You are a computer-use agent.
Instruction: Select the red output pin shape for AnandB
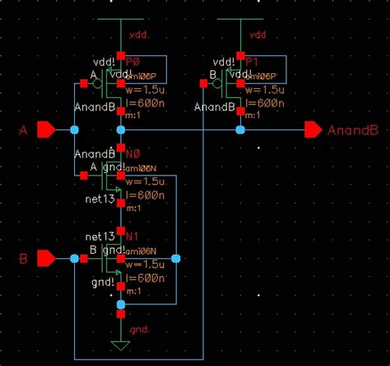tap(313, 130)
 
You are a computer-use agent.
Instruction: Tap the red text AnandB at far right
tap(352, 130)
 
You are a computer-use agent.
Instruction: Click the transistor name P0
tap(134, 60)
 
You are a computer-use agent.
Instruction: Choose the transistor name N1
tap(133, 236)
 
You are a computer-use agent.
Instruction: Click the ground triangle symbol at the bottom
tap(121, 345)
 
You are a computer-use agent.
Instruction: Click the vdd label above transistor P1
tap(258, 35)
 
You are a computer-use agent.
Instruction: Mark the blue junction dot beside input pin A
tap(75, 130)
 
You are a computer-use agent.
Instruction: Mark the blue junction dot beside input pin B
tap(75, 259)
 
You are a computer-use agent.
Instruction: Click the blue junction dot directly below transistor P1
tap(239, 130)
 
